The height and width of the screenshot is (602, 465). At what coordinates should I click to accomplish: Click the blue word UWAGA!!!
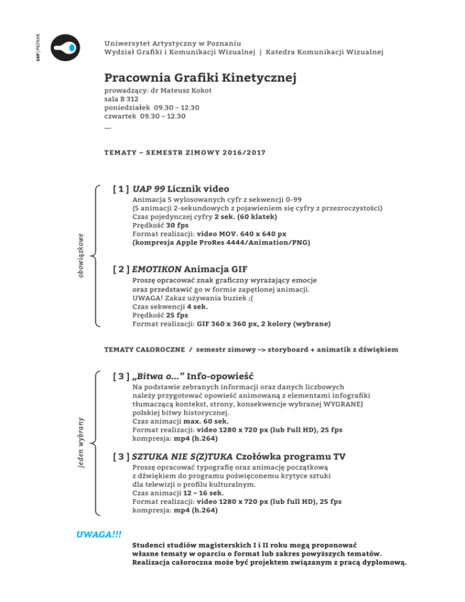click(96, 535)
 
